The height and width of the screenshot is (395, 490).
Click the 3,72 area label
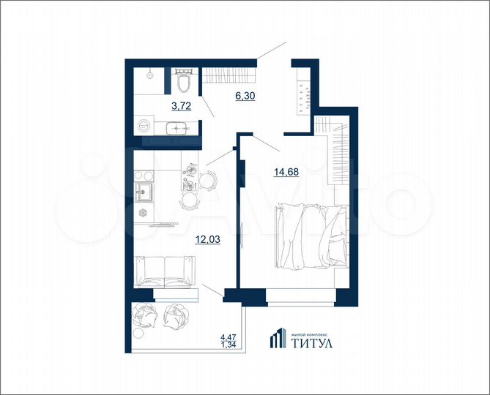point(181,107)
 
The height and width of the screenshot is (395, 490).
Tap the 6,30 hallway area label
point(245,95)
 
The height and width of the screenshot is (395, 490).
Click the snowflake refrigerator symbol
point(144,214)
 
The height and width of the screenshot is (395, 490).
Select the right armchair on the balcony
point(175,315)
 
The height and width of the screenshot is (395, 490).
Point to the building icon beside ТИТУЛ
point(276,338)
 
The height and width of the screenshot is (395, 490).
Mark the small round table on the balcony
point(138,331)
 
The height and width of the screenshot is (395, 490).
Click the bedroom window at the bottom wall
point(300,298)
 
